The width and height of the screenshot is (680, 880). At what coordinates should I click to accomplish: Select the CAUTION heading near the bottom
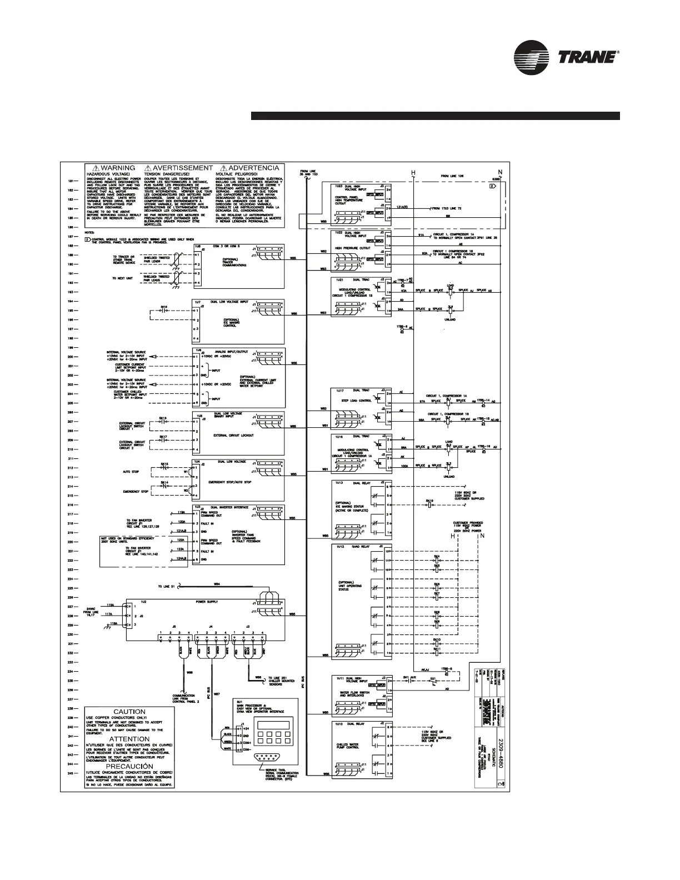pyautogui.click(x=129, y=712)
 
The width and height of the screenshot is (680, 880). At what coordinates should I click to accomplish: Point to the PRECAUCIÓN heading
pyautogui.click(x=129, y=766)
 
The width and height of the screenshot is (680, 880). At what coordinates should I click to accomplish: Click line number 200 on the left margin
pyautogui.click(x=71, y=357)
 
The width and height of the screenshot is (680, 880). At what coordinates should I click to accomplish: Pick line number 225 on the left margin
pyautogui.click(x=71, y=587)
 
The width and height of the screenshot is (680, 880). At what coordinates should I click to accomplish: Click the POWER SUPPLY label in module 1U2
pyautogui.click(x=206, y=602)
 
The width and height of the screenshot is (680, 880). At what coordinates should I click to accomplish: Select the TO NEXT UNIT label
pyautogui.click(x=122, y=278)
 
